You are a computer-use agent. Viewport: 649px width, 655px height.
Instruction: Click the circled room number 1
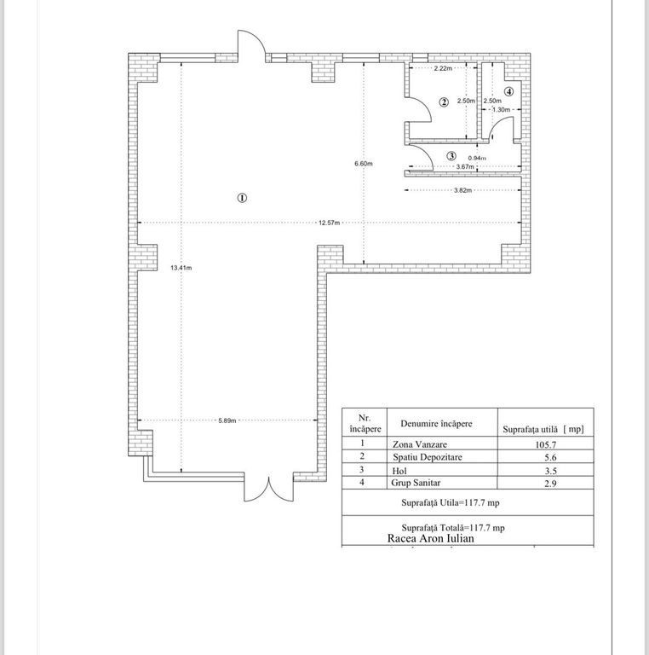pos(242,198)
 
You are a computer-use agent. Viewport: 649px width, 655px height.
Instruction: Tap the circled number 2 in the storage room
pos(444,102)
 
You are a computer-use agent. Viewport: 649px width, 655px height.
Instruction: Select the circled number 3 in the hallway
pos(451,156)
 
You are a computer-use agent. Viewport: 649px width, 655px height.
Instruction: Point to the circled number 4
pos(508,91)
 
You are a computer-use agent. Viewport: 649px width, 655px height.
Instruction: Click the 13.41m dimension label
pos(181,268)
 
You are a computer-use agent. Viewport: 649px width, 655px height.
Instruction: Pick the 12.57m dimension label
pos(329,223)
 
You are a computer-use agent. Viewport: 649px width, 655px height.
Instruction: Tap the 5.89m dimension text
pos(227,420)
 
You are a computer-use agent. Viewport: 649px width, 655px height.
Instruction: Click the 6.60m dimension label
pos(364,164)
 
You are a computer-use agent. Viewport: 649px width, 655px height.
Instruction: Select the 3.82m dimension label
pos(463,190)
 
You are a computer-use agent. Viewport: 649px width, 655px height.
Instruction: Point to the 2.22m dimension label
pos(443,68)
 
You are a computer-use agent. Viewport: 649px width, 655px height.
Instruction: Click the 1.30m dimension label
pos(502,110)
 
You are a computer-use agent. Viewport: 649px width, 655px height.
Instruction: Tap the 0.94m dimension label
pos(477,158)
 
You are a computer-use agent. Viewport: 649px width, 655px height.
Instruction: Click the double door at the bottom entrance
pos(269,490)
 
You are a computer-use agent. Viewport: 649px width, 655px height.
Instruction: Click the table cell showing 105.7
pos(546,445)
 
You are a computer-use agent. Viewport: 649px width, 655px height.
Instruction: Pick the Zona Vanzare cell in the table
pos(420,444)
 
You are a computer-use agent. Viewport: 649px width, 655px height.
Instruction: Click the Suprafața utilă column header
pos(543,429)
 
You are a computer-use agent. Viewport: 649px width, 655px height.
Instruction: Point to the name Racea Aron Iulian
pos(431,538)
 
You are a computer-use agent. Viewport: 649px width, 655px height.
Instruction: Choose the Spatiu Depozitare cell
pos(427,457)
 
